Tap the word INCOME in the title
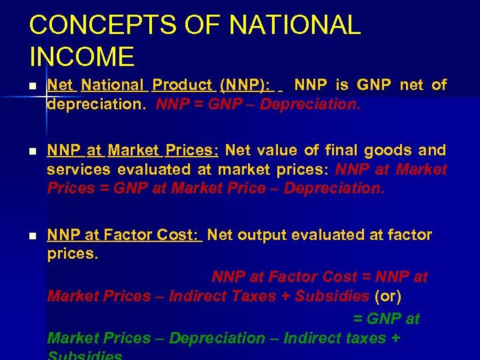point(81,57)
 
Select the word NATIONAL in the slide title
point(295,25)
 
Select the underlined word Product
point(182,85)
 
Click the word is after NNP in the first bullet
point(341,85)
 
